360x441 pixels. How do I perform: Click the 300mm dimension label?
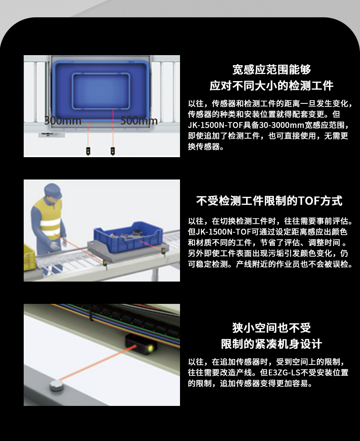[x=63, y=120]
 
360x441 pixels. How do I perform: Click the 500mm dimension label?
[x=139, y=120]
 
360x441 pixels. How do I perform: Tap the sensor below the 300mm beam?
[x=88, y=151]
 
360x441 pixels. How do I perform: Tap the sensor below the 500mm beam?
[x=113, y=151]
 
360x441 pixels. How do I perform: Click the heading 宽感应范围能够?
[x=272, y=69]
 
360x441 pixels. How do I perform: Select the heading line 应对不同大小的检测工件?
[x=272, y=86]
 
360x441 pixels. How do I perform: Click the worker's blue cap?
[x=53, y=190]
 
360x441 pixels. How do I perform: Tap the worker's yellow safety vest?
[x=48, y=218]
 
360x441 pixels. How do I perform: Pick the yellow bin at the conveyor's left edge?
[x=29, y=256]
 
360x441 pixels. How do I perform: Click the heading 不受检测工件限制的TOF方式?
[x=269, y=201]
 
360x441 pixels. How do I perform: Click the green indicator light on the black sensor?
[x=151, y=348]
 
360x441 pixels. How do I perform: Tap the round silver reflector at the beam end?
[x=56, y=385]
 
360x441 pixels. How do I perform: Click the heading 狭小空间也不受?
[x=272, y=328]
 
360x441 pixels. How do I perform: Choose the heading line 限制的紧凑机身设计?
[x=272, y=344]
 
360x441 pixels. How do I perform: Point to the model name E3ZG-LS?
[x=284, y=372]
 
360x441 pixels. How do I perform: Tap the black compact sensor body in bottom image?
[x=141, y=344]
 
